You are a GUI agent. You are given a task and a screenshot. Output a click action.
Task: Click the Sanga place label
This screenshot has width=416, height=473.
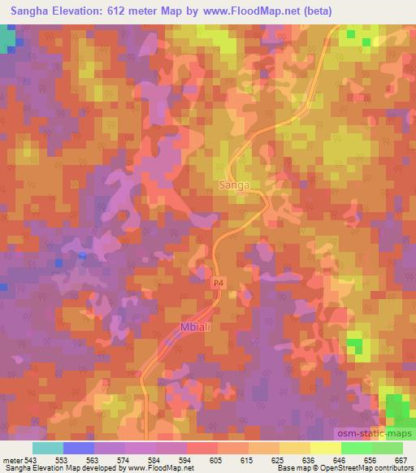(233, 185)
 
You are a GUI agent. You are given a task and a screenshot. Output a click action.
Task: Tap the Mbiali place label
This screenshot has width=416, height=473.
(195, 328)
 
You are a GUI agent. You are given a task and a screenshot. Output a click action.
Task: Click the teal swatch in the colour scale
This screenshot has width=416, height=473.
(48, 448)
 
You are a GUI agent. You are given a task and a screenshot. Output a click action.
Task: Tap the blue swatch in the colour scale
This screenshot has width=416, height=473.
(79, 448)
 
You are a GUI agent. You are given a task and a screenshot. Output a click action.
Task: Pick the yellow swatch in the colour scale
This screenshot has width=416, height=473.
(325, 448)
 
